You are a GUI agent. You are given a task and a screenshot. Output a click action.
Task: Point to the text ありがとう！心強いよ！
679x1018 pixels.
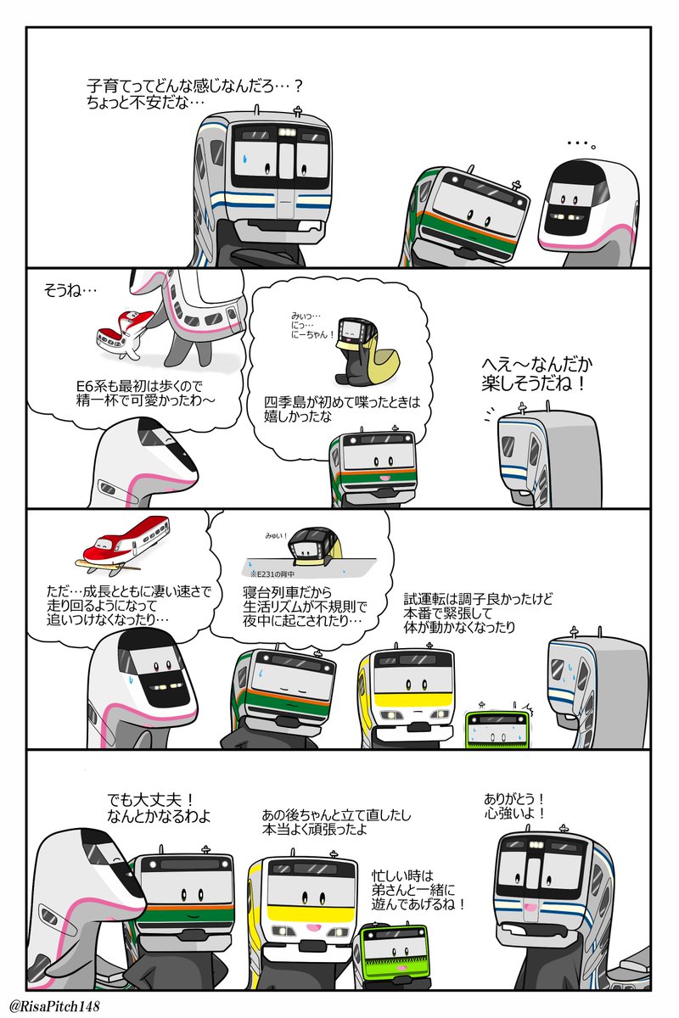click(x=514, y=806)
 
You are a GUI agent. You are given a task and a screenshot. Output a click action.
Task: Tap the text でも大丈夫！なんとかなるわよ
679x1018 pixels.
click(x=159, y=808)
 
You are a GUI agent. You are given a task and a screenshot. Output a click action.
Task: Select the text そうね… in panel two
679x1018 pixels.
click(x=70, y=291)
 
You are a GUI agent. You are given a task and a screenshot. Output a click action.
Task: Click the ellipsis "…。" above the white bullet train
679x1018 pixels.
click(x=582, y=144)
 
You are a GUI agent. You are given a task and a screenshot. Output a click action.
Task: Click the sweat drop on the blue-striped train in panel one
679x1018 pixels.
click(x=244, y=157)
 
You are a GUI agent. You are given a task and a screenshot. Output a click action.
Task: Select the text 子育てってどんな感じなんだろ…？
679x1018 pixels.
click(x=195, y=87)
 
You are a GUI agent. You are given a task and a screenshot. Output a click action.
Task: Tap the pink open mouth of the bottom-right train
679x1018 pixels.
click(x=527, y=907)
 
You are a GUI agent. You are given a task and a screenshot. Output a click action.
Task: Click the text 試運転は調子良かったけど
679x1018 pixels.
click(x=479, y=599)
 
